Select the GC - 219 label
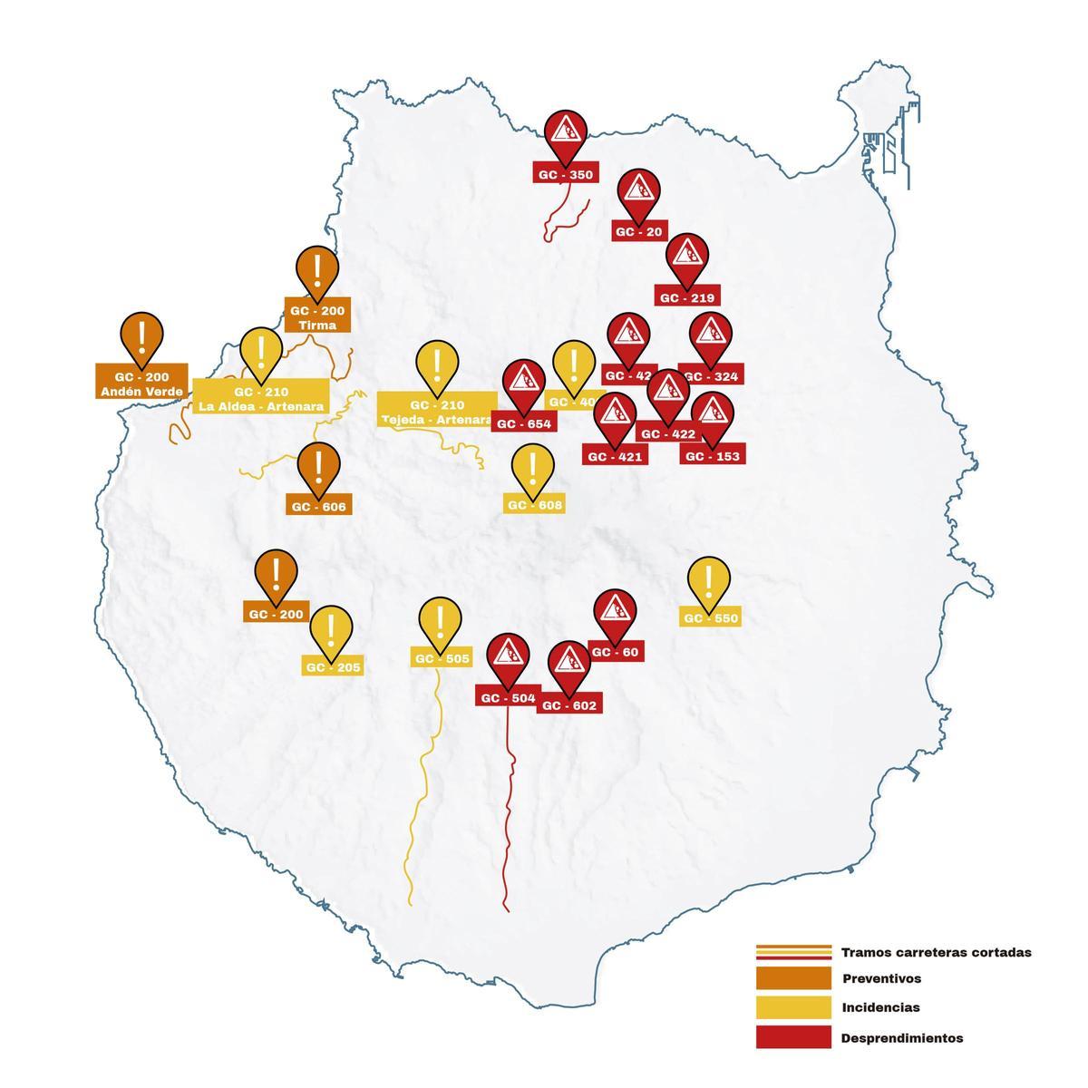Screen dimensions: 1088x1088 687,297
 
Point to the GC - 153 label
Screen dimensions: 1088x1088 713,456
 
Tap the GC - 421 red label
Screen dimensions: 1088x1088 615,456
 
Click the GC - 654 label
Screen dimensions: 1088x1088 523,423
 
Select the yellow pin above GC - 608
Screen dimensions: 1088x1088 531,468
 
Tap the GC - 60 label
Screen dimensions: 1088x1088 617,652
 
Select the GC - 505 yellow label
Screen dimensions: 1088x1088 442,659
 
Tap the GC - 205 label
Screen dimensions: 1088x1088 333,667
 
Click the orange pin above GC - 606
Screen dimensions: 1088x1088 318,466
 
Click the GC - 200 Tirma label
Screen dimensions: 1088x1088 317,316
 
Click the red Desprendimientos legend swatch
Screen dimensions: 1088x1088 792,1037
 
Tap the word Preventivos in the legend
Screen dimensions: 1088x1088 881,979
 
